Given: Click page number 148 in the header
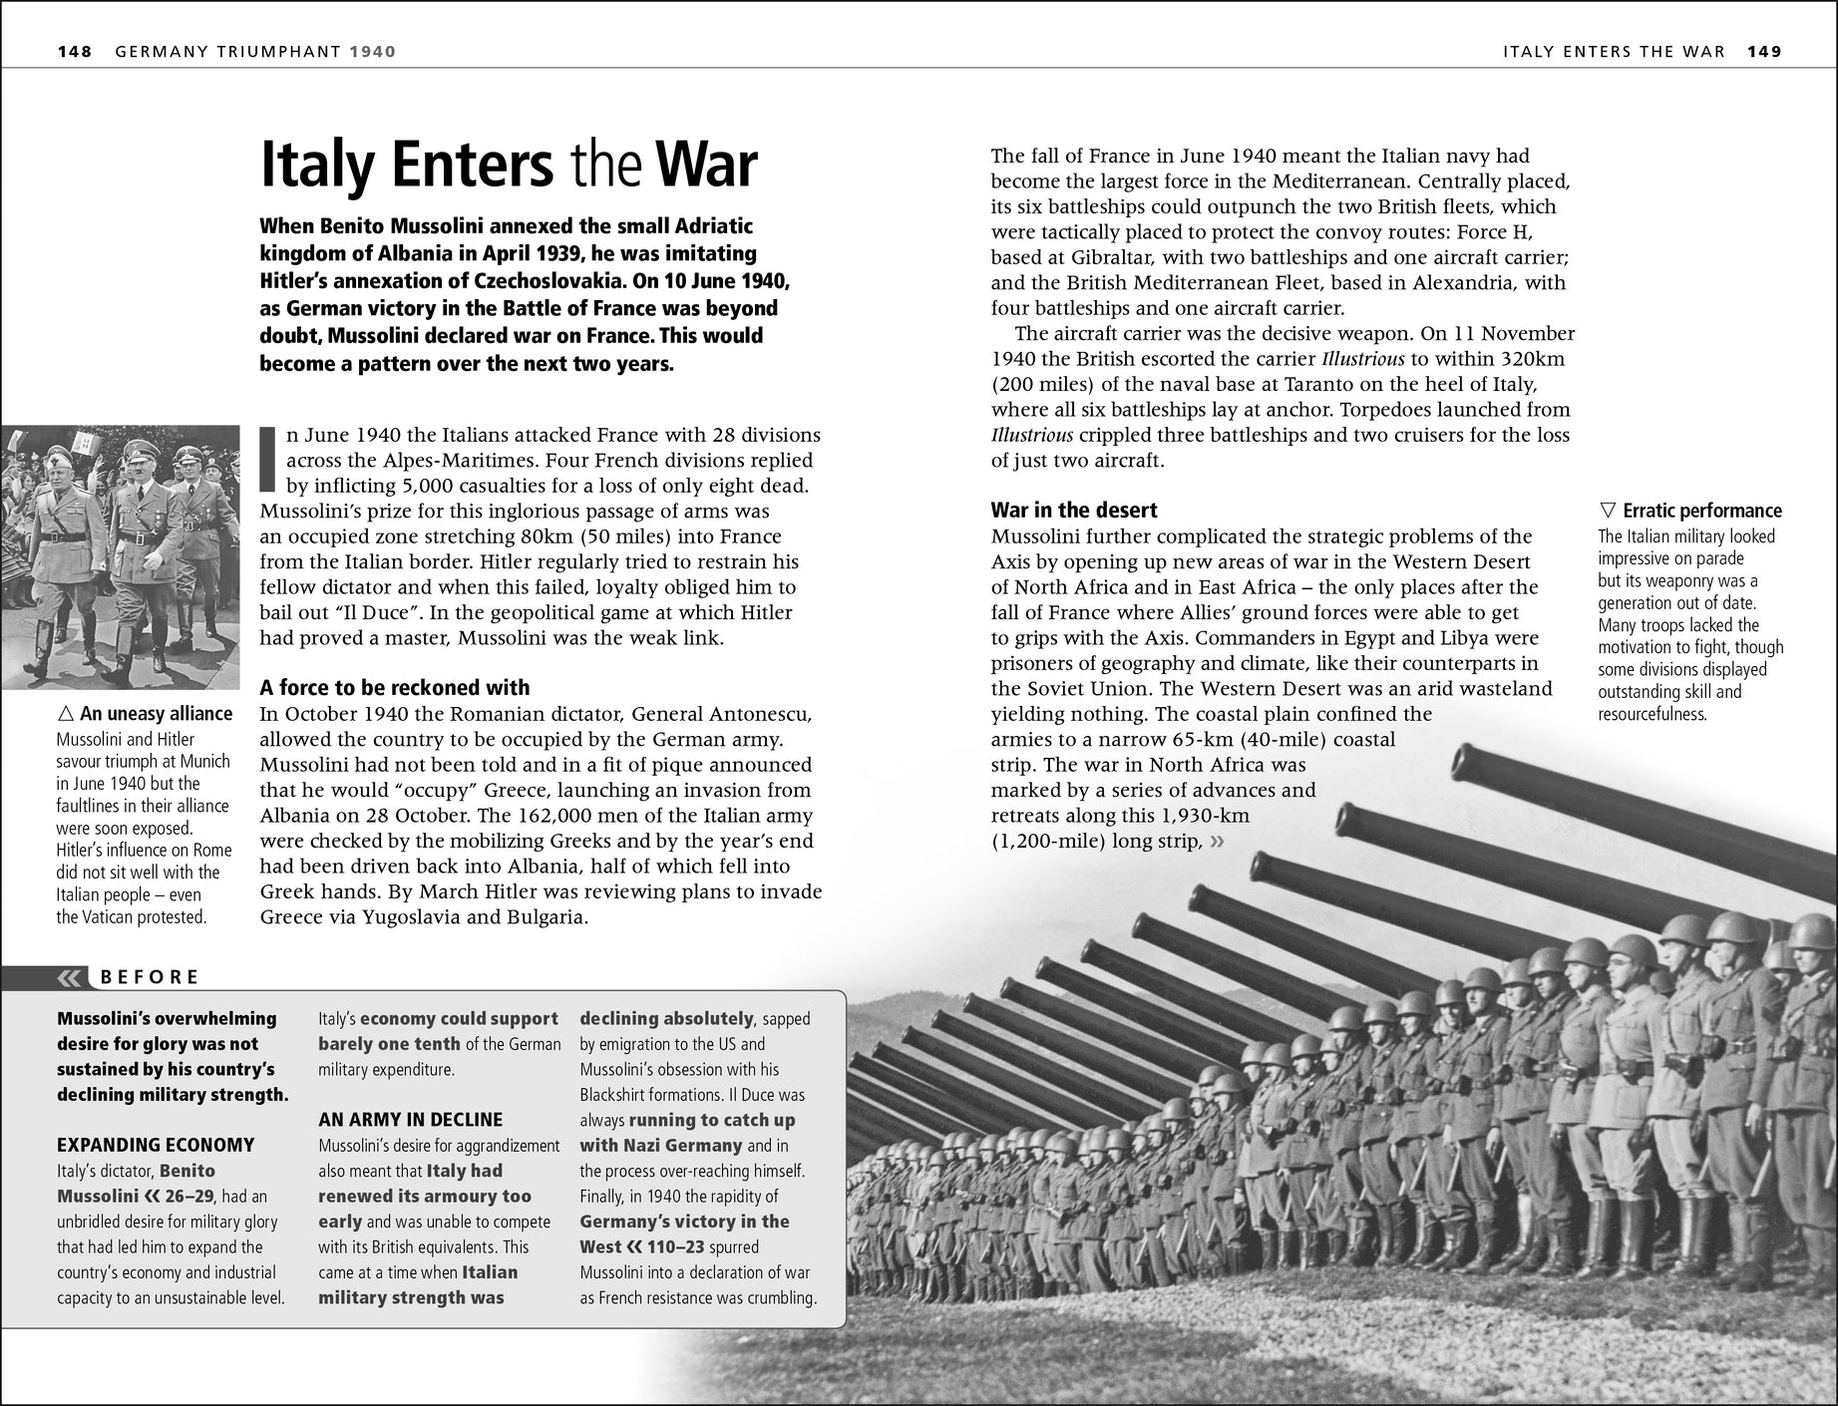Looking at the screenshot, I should click(x=75, y=52).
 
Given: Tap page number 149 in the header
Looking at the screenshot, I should click(x=1763, y=52).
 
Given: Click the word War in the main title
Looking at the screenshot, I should click(x=704, y=166).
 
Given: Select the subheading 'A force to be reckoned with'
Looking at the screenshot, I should click(x=394, y=687).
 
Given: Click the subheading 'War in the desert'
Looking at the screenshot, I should click(x=1074, y=510).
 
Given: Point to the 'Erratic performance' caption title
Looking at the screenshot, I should click(x=1701, y=511).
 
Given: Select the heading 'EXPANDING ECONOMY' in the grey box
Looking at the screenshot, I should click(x=156, y=1145).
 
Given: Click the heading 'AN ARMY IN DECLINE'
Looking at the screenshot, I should click(x=411, y=1120).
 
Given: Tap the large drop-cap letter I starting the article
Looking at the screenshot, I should click(x=266, y=460).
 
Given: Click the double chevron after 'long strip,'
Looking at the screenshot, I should click(x=1216, y=842).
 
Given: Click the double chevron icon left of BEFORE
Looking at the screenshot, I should click(x=71, y=977).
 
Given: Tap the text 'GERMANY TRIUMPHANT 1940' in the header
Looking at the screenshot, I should click(x=255, y=52).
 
